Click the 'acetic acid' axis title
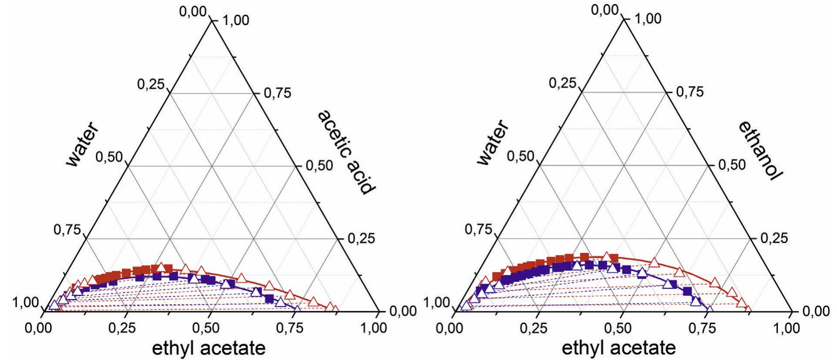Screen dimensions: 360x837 click(346, 153)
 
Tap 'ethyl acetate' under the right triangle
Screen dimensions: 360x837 click(618, 347)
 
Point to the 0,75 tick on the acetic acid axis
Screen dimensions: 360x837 click(277, 93)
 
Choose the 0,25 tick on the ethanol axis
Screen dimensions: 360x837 click(773, 238)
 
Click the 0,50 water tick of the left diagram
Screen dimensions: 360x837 click(108, 157)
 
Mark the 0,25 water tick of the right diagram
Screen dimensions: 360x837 click(562, 84)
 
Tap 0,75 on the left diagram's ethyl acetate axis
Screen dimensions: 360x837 click(291, 328)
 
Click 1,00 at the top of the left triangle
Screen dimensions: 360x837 click(236, 21)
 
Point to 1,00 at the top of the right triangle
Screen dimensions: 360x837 click(647, 20)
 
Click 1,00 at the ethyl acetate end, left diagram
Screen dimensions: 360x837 click(373, 328)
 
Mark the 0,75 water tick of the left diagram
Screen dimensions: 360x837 click(67, 229)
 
